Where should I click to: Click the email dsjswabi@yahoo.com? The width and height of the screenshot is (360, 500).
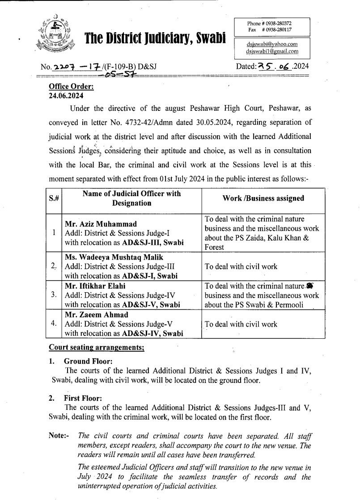272,44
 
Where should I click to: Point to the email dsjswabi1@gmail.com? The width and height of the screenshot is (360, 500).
272,51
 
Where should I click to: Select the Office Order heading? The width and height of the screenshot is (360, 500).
68,88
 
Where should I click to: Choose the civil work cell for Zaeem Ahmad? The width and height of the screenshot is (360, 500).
241,324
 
